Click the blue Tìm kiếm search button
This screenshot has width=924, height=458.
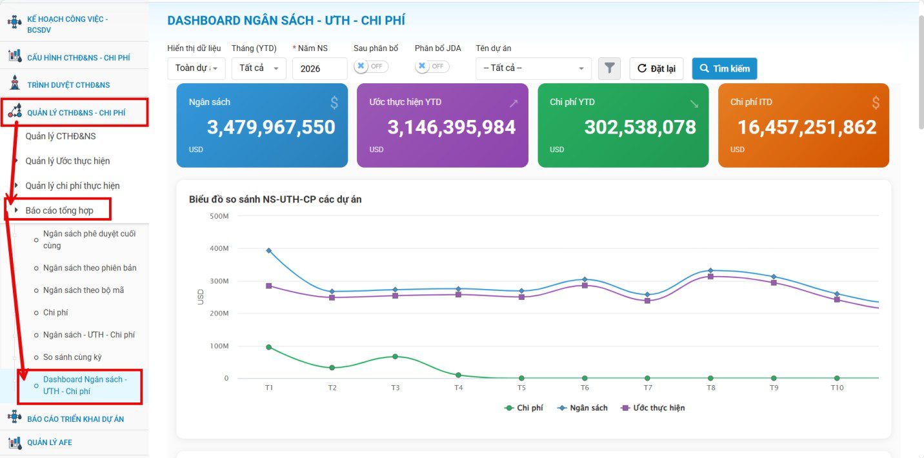725,68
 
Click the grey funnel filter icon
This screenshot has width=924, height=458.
609,68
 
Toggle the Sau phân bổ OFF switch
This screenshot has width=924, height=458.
371,66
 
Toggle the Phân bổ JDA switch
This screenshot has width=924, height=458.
432,66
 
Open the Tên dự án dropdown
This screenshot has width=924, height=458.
534,68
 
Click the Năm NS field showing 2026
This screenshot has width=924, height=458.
319,68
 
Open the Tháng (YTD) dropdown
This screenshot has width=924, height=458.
259,68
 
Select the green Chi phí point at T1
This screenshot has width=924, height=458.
269,347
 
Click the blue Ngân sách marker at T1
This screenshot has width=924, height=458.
269,251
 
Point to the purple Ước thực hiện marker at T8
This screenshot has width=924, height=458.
710,277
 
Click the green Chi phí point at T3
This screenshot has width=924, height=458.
395,357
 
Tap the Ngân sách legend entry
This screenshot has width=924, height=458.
582,408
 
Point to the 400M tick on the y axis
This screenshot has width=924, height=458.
219,248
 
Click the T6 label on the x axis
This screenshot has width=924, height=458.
585,388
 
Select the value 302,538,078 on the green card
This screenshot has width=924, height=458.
640,127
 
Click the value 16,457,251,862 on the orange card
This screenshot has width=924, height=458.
807,127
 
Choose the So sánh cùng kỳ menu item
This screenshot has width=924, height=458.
73,357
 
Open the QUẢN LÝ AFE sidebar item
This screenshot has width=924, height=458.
50,443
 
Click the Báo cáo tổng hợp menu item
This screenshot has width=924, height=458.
59,211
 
